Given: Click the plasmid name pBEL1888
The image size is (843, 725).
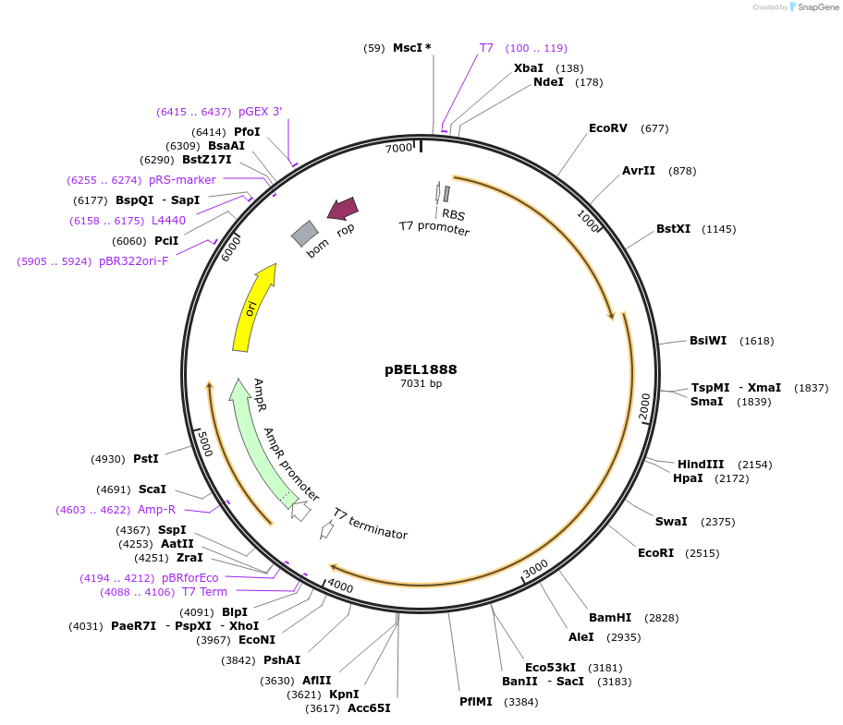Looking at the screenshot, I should click(421, 369).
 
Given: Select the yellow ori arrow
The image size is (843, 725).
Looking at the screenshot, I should click(252, 308).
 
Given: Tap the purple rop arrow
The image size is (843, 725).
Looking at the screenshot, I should click(343, 210).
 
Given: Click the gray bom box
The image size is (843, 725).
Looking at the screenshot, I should click(305, 234).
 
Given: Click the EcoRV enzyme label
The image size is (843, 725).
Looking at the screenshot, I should click(608, 128).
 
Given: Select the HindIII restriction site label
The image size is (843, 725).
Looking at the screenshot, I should click(701, 465).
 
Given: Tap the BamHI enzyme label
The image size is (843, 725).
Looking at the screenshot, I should click(610, 617).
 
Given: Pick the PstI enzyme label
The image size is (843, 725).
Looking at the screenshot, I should click(146, 459).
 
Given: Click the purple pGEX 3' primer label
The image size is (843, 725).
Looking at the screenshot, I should click(260, 112).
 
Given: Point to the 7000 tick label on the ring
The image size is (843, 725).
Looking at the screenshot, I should click(398, 149).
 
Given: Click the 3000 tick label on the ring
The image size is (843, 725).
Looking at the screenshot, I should click(536, 569).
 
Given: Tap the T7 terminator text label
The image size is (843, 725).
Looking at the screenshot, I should click(370, 524).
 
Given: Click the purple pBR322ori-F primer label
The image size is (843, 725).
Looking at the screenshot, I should click(133, 261).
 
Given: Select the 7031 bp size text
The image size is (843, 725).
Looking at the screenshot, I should click(421, 384).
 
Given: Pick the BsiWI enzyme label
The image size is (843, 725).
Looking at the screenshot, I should click(708, 341).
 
